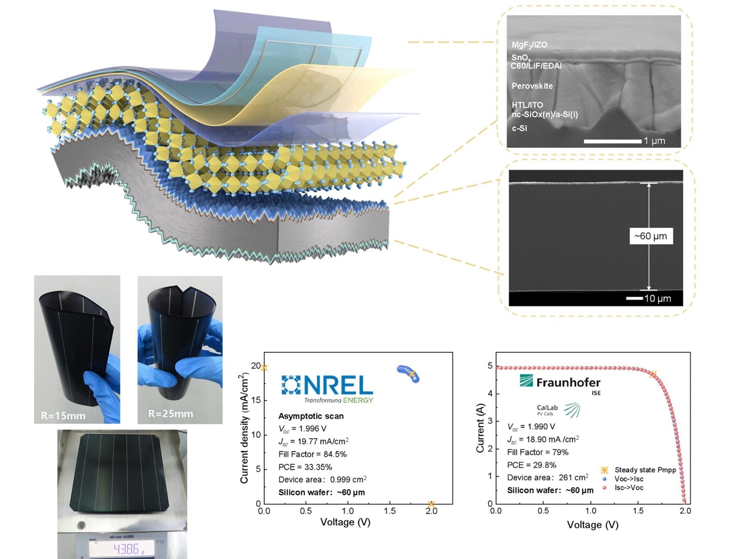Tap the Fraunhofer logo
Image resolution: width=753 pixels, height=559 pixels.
pyautogui.click(x=560, y=383)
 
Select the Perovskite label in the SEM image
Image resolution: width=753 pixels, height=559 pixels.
pyautogui.click(x=532, y=86)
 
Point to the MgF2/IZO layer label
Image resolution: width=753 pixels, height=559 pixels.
pyautogui.click(x=529, y=45)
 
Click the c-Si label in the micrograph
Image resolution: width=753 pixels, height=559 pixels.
pyautogui.click(x=520, y=128)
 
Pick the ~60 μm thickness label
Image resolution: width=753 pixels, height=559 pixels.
pyautogui.click(x=651, y=236)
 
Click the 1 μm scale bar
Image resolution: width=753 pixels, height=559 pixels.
pyautogui.click(x=612, y=141)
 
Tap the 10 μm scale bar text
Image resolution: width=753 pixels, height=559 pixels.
pyautogui.click(x=657, y=298)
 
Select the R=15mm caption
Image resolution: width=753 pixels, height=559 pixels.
pyautogui.click(x=63, y=415)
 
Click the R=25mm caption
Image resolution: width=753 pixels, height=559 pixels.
pyautogui.click(x=170, y=414)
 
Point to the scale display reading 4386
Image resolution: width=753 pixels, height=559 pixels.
pyautogui.click(x=126, y=549)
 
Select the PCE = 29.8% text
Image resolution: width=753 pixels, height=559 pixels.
pyautogui.click(x=531, y=465)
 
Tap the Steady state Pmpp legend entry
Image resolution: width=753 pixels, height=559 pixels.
pyautogui.click(x=645, y=470)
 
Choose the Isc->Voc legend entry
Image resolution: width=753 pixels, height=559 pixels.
pyautogui.click(x=629, y=487)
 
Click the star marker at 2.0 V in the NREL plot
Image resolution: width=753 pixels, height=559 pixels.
pyautogui.click(x=431, y=504)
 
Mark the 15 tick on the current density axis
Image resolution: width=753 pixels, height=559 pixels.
pyautogui.click(x=256, y=400)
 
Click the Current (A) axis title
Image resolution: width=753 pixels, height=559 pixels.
pyautogui.click(x=480, y=428)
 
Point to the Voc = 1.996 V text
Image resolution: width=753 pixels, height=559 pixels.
pyautogui.click(x=302, y=429)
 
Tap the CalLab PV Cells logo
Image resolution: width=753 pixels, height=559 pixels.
pyautogui.click(x=558, y=410)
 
